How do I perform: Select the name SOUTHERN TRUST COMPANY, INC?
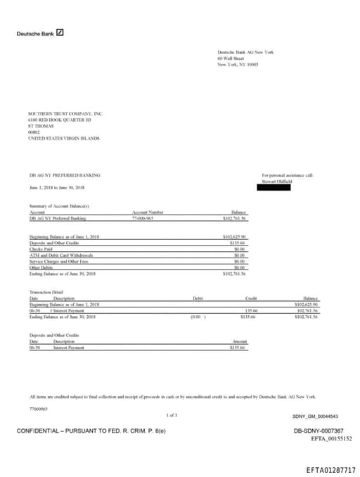point(65,113)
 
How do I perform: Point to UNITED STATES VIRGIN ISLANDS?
point(63,139)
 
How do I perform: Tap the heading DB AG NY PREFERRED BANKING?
point(65,174)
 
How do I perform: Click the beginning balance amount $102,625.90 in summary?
point(233,237)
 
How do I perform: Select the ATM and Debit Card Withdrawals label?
point(61,254)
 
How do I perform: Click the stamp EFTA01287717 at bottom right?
point(330,469)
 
